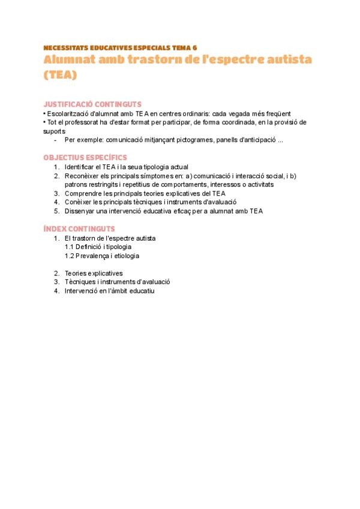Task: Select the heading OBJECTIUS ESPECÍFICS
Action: click(85, 157)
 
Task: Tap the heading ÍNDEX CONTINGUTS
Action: click(79, 229)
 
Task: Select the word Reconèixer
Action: click(82, 176)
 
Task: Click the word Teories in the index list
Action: click(77, 273)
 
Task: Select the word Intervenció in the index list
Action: click(83, 291)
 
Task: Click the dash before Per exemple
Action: click(55, 140)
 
